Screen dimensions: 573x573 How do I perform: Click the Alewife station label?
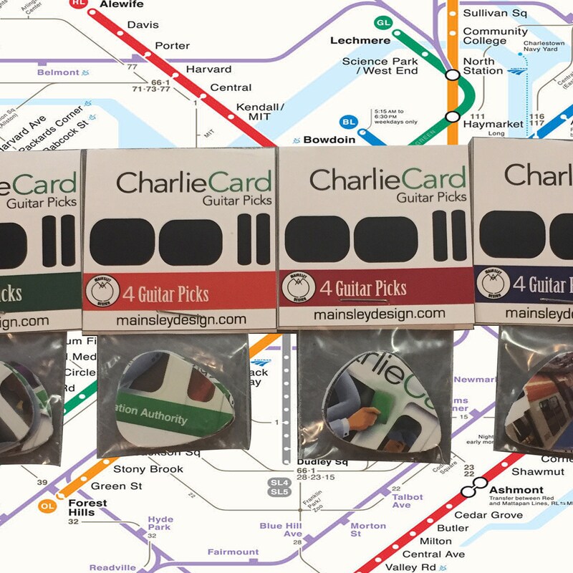click(122, 5)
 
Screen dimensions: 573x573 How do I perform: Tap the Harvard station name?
click(208, 69)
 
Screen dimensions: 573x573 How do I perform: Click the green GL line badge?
click(384, 22)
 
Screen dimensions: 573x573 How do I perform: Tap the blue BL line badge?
click(350, 122)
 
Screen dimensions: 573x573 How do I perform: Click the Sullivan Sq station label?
click(496, 13)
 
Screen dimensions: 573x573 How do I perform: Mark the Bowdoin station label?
click(329, 140)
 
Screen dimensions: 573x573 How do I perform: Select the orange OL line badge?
click(47, 506)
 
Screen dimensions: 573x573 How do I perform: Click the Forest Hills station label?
click(87, 508)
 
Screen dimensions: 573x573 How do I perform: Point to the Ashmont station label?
click(516, 490)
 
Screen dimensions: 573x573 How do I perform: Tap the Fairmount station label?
click(233, 552)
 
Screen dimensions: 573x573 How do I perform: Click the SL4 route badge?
click(279, 482)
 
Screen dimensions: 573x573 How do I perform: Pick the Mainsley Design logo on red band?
click(100, 292)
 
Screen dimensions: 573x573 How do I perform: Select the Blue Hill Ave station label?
click(281, 529)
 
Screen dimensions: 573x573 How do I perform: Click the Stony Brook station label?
click(148, 470)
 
